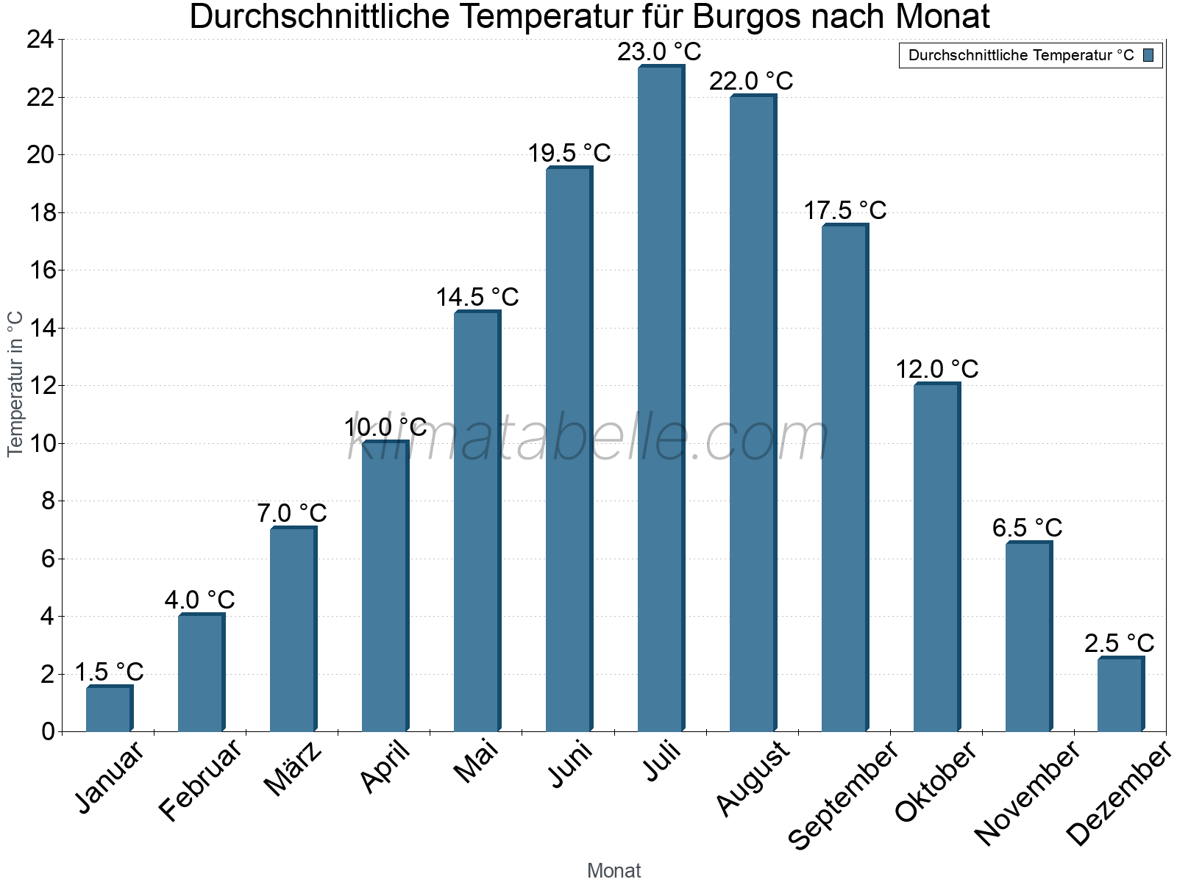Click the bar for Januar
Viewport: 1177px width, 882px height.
tap(109, 709)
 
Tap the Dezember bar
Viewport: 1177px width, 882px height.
tap(1120, 694)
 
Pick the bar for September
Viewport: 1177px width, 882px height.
tap(844, 478)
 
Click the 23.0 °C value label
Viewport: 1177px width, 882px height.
tap(659, 52)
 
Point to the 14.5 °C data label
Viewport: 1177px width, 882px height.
tap(477, 298)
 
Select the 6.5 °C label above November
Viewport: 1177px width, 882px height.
tap(1027, 528)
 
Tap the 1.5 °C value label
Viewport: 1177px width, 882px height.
tap(109, 672)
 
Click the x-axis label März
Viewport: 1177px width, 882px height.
tap(293, 769)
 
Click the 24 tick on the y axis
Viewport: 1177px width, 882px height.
tap(40, 40)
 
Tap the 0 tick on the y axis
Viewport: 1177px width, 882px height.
tap(49, 731)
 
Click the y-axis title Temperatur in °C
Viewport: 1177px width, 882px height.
tap(15, 384)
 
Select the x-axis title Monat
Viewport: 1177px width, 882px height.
tap(614, 870)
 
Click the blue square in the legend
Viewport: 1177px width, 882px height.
tap(1148, 55)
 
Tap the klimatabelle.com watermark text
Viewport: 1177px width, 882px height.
tap(588, 437)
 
